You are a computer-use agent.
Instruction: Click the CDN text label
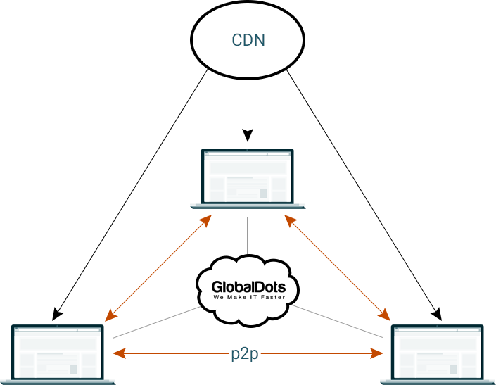(248, 40)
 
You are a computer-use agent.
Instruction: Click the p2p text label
(245, 354)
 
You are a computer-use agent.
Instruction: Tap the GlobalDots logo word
(248, 287)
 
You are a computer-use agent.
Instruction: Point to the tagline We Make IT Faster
(249, 297)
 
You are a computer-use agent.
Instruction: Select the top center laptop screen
(248, 177)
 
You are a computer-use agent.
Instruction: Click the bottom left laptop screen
(58, 352)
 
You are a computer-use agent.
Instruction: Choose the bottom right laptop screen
(438, 352)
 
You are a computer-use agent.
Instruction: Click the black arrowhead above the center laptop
(248, 135)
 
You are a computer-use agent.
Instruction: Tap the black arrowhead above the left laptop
(57, 314)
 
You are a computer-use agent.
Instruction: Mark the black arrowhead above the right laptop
(436, 314)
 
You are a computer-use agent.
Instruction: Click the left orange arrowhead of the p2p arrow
(120, 353)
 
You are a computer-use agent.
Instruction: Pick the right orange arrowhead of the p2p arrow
(376, 353)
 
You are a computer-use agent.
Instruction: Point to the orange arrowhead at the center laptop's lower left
(205, 220)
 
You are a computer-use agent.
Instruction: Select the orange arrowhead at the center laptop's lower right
(291, 220)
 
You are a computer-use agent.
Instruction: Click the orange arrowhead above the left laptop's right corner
(111, 315)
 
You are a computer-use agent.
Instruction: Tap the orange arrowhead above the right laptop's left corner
(384, 315)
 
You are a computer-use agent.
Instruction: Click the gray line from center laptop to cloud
(248, 236)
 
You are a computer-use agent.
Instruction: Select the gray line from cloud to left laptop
(156, 322)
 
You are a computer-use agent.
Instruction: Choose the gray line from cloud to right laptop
(337, 322)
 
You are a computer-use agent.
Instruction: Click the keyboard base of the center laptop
(248, 207)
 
